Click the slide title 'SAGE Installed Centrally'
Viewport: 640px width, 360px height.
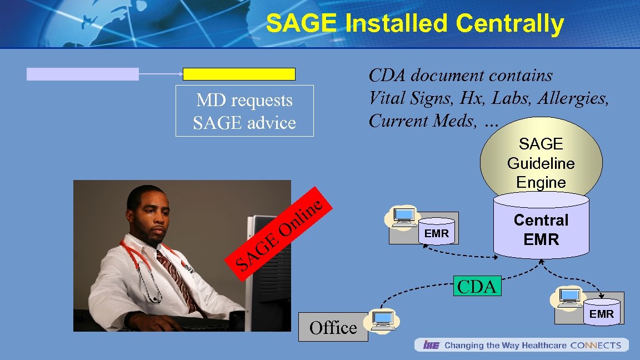[414, 24]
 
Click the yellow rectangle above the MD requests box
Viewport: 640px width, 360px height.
[239, 74]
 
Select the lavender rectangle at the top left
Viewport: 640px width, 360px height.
[83, 74]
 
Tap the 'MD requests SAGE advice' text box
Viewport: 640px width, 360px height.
[244, 111]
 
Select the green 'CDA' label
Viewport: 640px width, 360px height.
[477, 286]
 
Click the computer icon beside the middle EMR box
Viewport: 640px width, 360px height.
[403, 217]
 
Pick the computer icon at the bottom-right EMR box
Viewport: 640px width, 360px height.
[568, 298]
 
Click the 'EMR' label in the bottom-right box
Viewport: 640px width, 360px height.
[602, 314]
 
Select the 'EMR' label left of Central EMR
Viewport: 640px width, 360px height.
[436, 233]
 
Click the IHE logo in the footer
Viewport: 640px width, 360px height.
[431, 345]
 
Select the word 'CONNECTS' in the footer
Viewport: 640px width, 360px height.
[596, 345]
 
